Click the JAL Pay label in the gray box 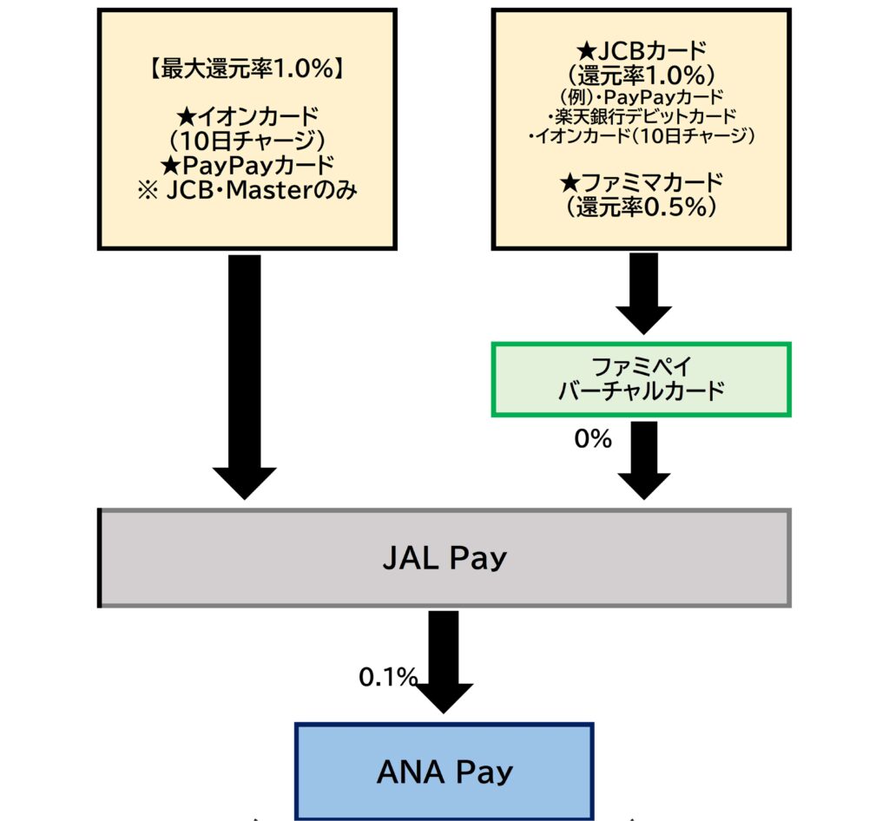[x=444, y=558]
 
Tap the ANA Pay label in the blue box [x=444, y=772]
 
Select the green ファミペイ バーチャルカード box [x=641, y=379]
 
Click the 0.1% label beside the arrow [x=388, y=677]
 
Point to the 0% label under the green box [x=593, y=439]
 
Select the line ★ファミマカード [x=641, y=182]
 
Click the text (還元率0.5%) [x=641, y=207]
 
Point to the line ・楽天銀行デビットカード [x=641, y=115]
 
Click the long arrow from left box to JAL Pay [x=245, y=373]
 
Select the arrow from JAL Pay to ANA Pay [x=444, y=660]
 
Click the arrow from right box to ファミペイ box [x=642, y=292]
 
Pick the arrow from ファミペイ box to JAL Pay [x=642, y=458]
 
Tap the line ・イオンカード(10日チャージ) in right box [x=641, y=136]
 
